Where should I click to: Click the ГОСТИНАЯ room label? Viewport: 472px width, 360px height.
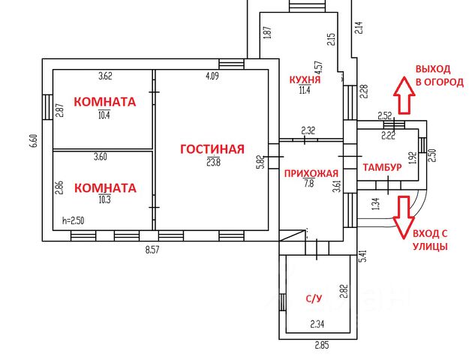click(212, 148)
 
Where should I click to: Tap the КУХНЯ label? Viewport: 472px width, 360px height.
click(305, 79)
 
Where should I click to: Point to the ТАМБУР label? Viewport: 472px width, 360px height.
click(381, 166)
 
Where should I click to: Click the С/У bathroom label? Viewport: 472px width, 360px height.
click(314, 298)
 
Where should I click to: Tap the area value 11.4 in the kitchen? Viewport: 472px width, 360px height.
click(305, 91)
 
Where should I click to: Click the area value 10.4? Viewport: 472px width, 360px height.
click(104, 115)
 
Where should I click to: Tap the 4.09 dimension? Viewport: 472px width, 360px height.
click(214, 75)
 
